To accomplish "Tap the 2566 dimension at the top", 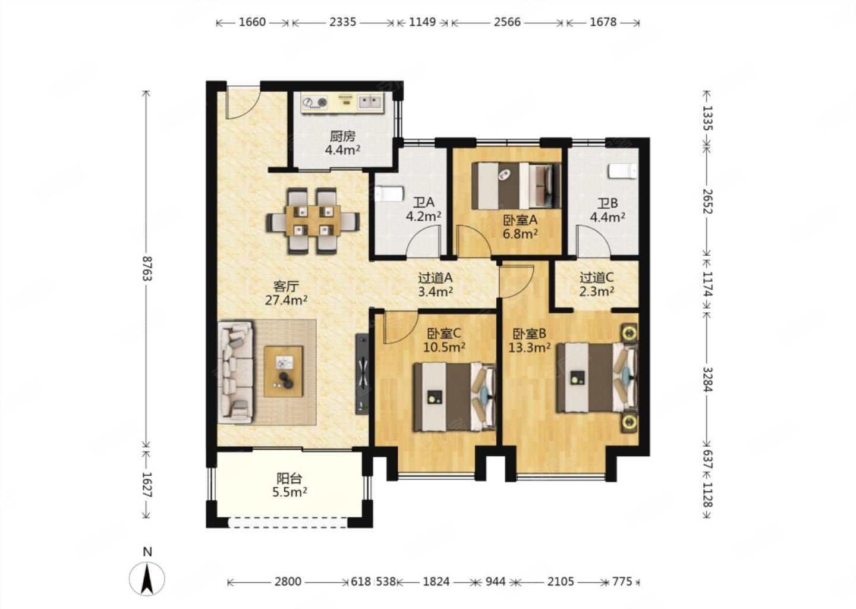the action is click(x=507, y=22).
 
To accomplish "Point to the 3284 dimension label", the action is click(x=707, y=379).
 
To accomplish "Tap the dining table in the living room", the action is click(x=313, y=221).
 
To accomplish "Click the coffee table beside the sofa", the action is click(x=284, y=372).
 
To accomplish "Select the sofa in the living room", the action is click(x=235, y=372).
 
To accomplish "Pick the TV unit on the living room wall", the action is click(x=362, y=373).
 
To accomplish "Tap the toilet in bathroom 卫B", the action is click(x=623, y=171).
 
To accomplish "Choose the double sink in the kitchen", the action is click(x=370, y=102).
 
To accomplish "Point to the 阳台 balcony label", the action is click(x=289, y=478).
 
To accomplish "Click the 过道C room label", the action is click(x=597, y=277).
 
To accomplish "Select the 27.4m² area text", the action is click(x=287, y=300).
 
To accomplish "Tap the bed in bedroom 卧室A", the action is click(x=516, y=186).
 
